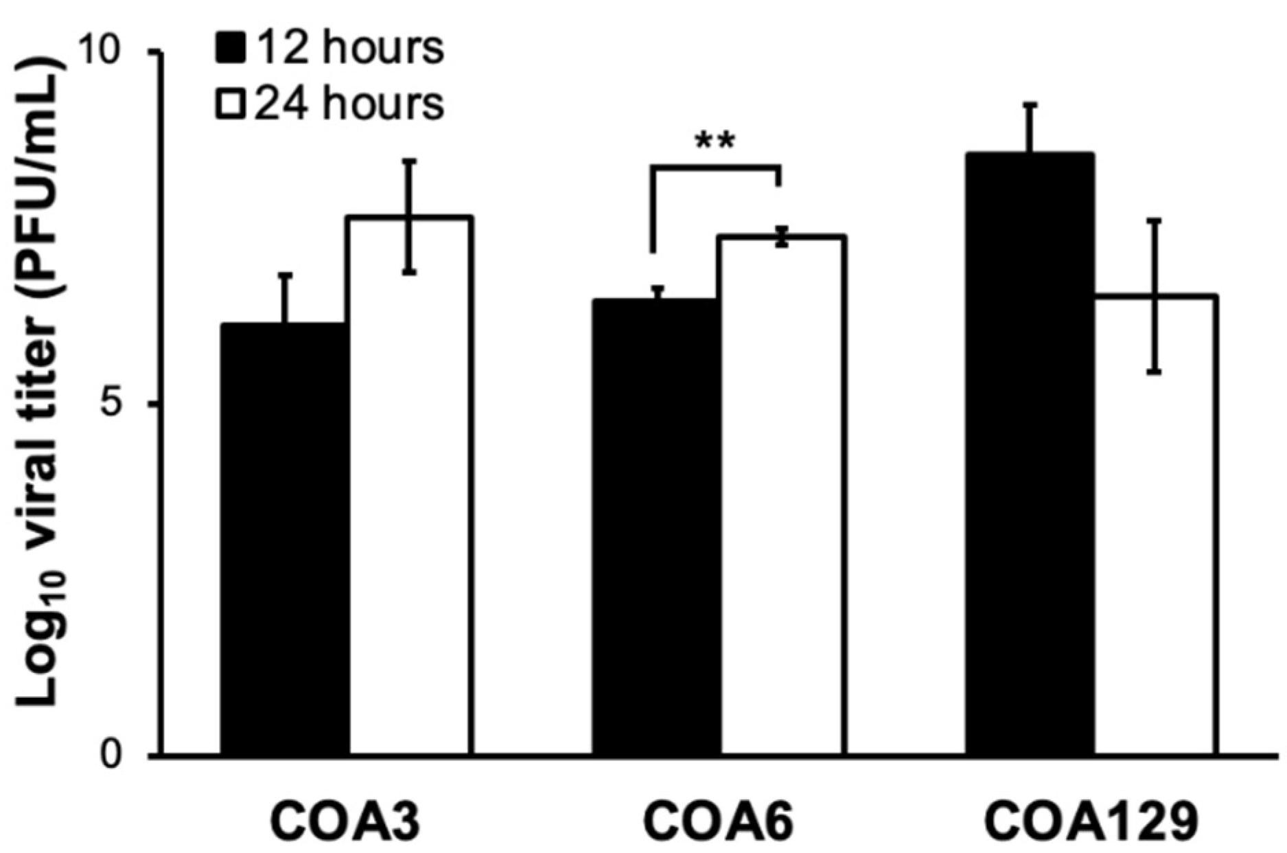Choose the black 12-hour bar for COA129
tap(1030, 454)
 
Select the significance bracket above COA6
tap(715, 167)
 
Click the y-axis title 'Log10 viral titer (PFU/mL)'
tap(43, 385)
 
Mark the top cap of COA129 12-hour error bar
tap(1030, 104)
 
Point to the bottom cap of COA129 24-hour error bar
tap(1155, 372)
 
